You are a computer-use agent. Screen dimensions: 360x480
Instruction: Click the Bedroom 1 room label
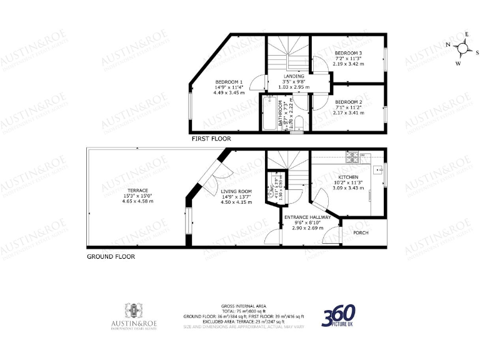[228, 82]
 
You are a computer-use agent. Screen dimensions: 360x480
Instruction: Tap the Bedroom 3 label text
[348, 53]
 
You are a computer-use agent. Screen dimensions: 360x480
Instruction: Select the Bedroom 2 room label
[348, 102]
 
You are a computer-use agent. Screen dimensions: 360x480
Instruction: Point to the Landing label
[294, 76]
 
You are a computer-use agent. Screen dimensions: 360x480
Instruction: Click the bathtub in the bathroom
[269, 116]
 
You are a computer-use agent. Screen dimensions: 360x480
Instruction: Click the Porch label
[361, 233]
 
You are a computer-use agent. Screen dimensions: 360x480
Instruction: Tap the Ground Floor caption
[110, 256]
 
